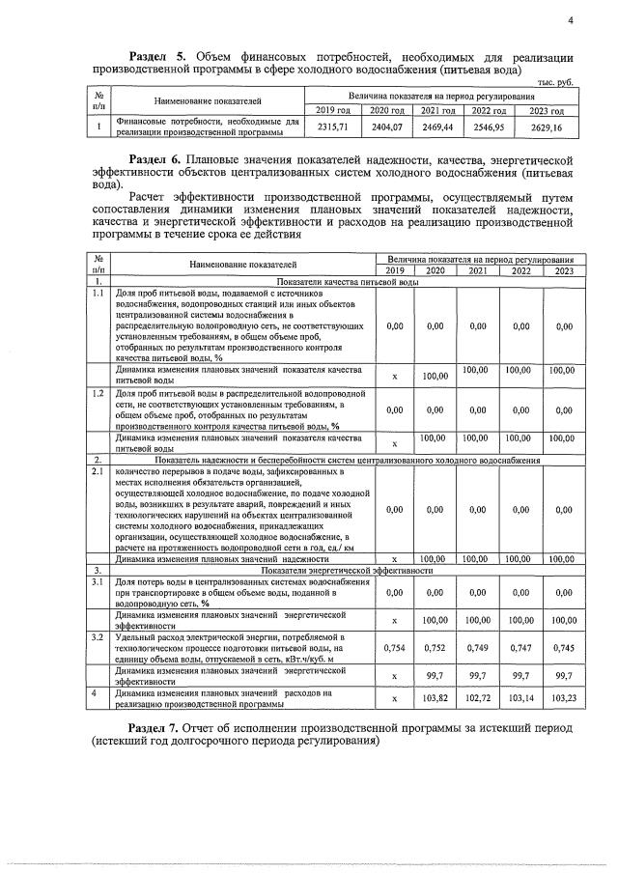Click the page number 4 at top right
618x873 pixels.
[x=570, y=20]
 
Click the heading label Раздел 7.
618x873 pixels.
[x=156, y=727]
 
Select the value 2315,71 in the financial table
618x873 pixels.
[x=330, y=127]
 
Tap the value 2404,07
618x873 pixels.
[x=383, y=127]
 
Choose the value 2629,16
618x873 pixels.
[x=548, y=127]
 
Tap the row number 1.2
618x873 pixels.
[x=98, y=394]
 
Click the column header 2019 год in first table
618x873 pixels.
[x=331, y=110]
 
